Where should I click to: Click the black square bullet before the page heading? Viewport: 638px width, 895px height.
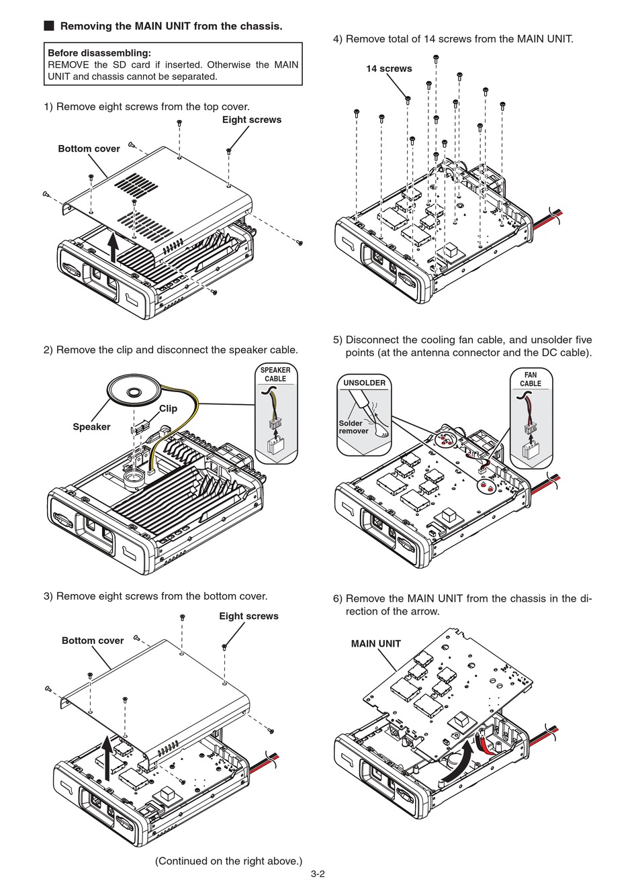coord(49,26)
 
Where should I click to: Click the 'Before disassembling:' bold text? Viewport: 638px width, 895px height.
coord(99,53)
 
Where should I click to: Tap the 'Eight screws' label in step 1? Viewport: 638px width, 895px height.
coord(251,120)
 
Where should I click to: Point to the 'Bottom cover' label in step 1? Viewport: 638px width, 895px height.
coord(89,149)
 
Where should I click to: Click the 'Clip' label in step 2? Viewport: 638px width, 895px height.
coord(168,408)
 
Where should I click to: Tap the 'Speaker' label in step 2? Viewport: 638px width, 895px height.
coord(91,427)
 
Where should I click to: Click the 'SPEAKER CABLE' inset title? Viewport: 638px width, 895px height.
coord(275,375)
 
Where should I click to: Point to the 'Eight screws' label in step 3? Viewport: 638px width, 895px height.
coord(248,616)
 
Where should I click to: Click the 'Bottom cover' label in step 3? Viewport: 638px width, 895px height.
coord(93,641)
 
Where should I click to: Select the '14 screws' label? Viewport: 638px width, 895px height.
coord(389,69)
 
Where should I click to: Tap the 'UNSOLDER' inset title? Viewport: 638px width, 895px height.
coord(364,383)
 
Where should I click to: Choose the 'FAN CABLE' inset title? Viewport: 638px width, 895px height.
coord(531,379)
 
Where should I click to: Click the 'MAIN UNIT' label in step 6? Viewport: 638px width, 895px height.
coord(375,644)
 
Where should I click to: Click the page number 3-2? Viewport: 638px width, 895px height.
coord(318,874)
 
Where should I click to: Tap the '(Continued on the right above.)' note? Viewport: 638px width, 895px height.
coord(228,861)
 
